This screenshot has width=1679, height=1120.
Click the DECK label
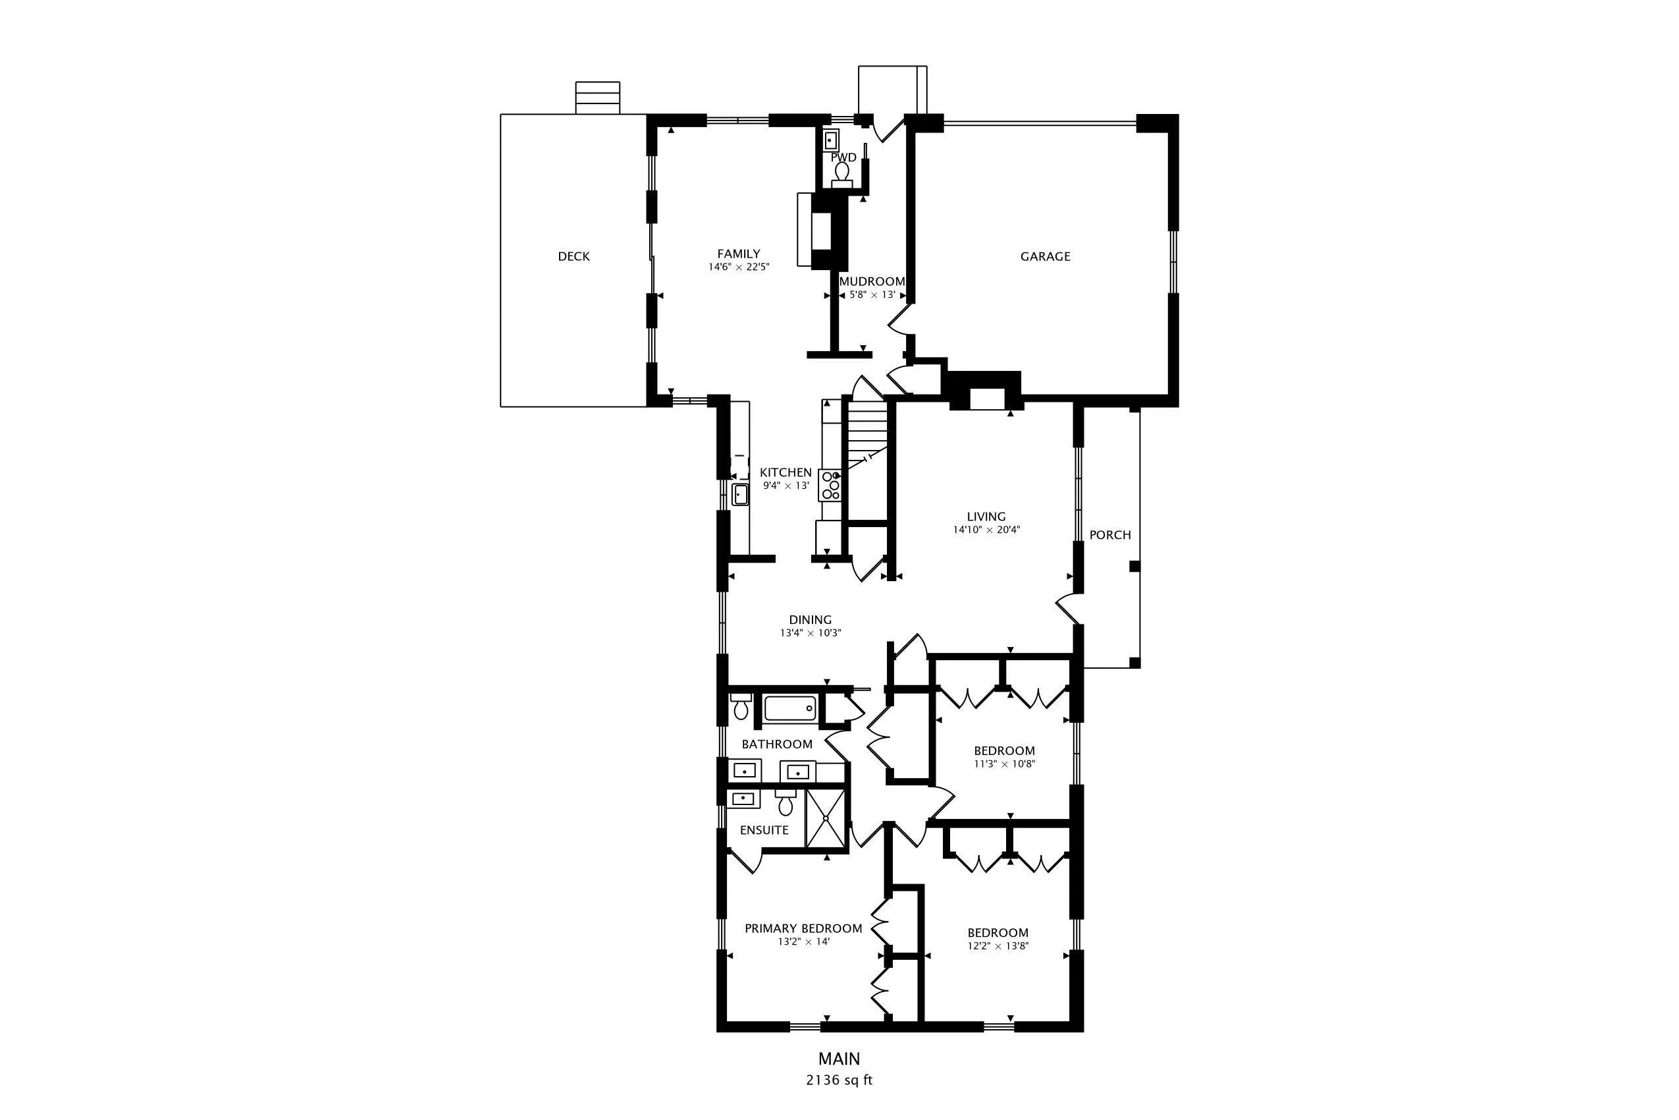[x=573, y=256]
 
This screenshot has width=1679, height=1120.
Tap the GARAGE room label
[x=1045, y=256]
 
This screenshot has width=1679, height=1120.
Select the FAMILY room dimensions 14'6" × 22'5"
[x=739, y=267]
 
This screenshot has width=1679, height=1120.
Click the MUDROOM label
[x=872, y=281]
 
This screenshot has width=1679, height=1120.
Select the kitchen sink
[x=740, y=493]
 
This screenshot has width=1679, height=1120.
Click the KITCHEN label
[x=786, y=472]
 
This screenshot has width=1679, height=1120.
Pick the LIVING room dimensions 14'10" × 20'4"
[x=986, y=530]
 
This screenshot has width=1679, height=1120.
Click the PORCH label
[x=1110, y=535]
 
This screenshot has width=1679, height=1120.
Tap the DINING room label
[x=811, y=620]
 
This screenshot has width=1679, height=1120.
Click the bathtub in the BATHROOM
[x=790, y=708]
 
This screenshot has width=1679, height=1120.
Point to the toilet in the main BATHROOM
[x=741, y=706]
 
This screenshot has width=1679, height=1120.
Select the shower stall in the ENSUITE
[x=825, y=818]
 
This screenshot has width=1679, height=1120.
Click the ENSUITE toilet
[x=786, y=802]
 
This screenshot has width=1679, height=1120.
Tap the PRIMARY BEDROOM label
[x=803, y=928]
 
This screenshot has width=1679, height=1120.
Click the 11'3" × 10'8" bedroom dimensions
[x=1004, y=764]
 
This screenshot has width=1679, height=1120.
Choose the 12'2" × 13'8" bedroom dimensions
[x=998, y=945]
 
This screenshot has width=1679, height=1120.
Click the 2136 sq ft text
[x=839, y=1080]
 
